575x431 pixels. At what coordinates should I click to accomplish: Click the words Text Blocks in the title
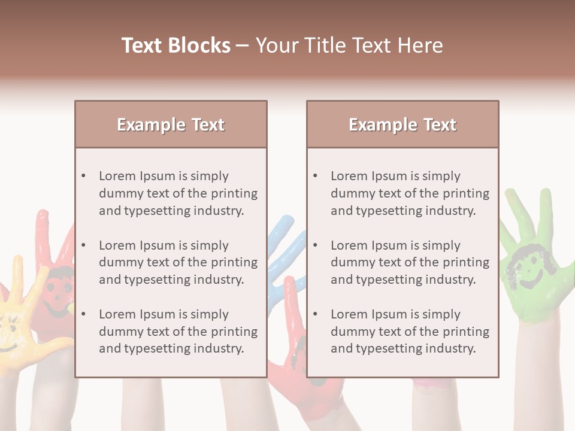pos(175,45)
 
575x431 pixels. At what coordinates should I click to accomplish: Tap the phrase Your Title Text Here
pos(349,45)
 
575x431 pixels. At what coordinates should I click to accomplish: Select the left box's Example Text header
pos(171,125)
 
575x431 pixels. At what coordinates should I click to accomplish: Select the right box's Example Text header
pos(402,125)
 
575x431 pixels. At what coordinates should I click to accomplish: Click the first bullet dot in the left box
pos(83,176)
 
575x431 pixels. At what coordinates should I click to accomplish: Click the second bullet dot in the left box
pos(83,245)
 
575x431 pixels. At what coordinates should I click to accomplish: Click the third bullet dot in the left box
pos(83,314)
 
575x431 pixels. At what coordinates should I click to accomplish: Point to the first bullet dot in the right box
pos(315,176)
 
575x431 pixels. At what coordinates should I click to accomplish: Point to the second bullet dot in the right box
pos(315,245)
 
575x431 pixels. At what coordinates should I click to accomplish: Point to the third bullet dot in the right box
pos(315,314)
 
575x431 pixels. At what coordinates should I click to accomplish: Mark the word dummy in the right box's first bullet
pos(350,193)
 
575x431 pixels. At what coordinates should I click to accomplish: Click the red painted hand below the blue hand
pos(299,359)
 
